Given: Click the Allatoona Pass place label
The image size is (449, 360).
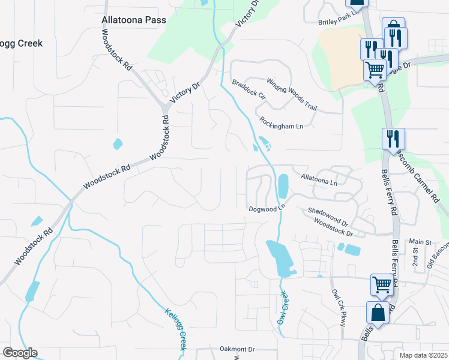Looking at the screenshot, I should coord(133,20).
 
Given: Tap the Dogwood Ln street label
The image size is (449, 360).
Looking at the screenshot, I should coord(266,209).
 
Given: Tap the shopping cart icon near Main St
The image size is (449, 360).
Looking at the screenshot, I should coord(382,284).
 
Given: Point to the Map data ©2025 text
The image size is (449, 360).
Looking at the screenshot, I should coord(424,355).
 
